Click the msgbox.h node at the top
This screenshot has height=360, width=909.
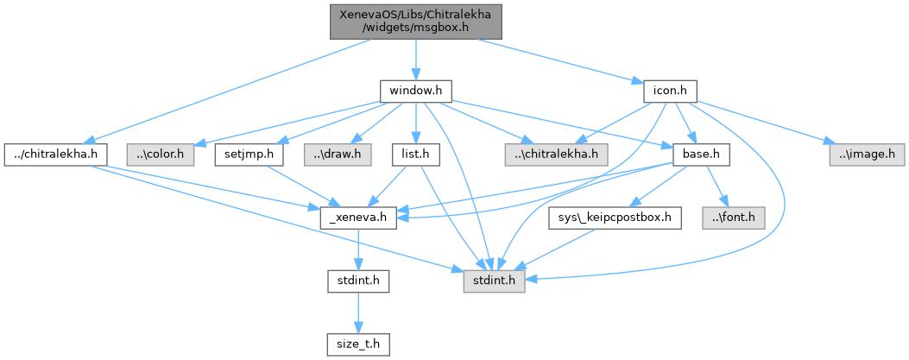point(415,20)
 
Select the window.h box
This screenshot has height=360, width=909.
point(415,90)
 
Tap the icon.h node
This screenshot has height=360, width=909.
point(670,90)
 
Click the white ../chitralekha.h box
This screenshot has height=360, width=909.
point(55,155)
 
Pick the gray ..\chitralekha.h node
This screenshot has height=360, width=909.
point(557,155)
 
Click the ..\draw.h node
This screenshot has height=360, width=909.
point(338,155)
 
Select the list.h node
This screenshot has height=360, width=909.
point(415,155)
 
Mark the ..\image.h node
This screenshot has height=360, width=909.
point(867,155)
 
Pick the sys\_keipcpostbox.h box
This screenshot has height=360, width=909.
point(615,218)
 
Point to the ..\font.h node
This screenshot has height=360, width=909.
point(734,218)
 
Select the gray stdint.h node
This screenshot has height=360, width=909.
point(495,281)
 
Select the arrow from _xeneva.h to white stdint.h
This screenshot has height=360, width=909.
point(359,249)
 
